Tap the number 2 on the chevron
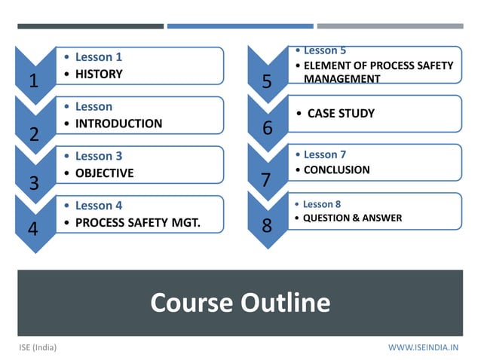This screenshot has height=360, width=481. point(34,135)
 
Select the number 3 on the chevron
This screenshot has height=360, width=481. point(34,183)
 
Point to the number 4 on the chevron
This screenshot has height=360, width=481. point(34,230)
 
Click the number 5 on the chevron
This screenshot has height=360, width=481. point(267,82)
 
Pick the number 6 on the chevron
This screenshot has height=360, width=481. point(267,129)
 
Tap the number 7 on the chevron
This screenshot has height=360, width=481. point(265,181)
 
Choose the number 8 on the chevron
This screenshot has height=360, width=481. point(267,226)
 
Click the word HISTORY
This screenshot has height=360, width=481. point(98,74)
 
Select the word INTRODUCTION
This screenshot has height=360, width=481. point(118,124)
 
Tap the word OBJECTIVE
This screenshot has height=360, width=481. point(104,172)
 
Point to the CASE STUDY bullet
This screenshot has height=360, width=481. point(341,114)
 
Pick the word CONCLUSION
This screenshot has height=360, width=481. point(336,169)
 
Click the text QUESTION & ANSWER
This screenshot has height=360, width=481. point(352,218)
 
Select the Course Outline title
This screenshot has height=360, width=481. point(240,303)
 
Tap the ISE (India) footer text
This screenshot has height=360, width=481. point(38,347)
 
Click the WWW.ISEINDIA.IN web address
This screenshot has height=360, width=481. point(423,347)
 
